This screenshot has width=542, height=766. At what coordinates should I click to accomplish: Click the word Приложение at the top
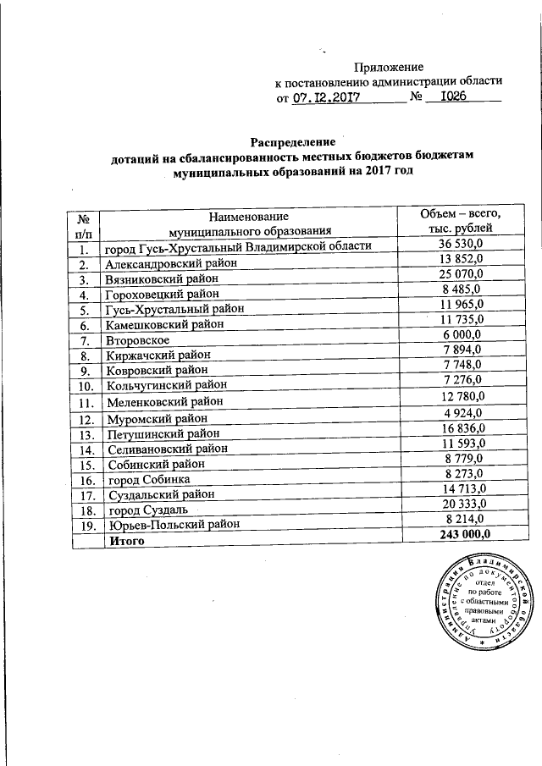pyautogui.click(x=389, y=66)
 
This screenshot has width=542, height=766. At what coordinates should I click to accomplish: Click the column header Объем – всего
pyautogui.click(x=455, y=214)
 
